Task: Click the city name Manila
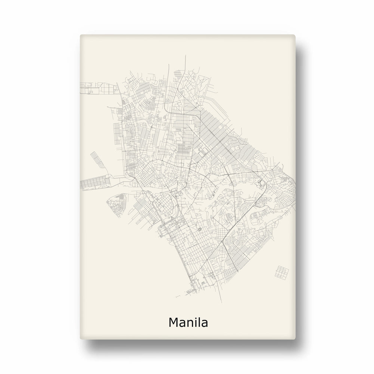pyautogui.click(x=188, y=322)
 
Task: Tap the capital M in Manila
pyautogui.click(x=174, y=322)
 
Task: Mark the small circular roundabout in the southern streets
pyautogui.click(x=199, y=229)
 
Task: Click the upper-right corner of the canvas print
pyautogui.click(x=295, y=36)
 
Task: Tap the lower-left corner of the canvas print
pyautogui.click(x=81, y=340)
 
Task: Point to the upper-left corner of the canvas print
pyautogui.click(x=81, y=36)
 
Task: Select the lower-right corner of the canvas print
pyautogui.click(x=295, y=340)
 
